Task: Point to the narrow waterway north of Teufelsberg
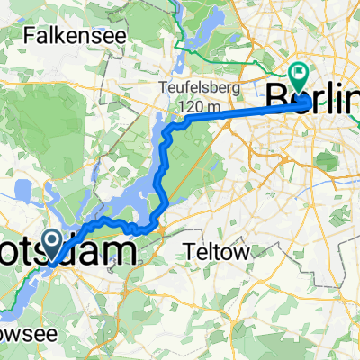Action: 176,63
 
